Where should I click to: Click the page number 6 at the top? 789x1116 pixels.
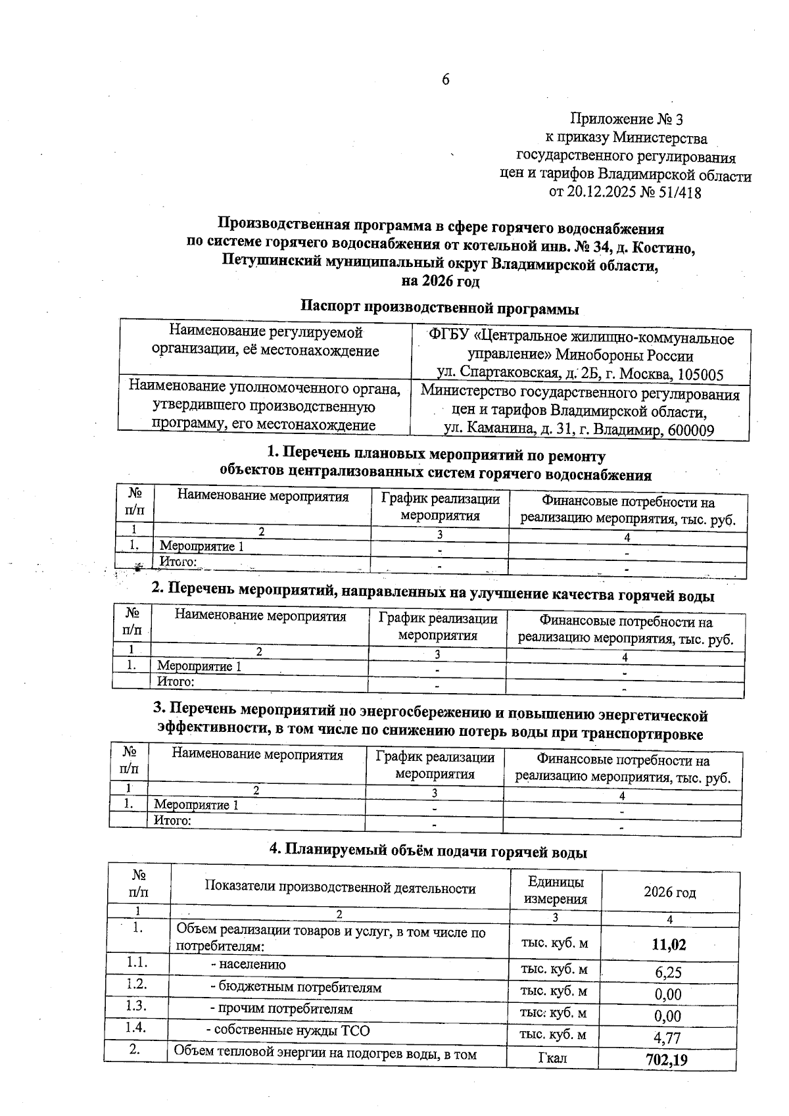(x=445, y=80)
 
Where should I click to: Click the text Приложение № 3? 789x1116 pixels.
(x=627, y=119)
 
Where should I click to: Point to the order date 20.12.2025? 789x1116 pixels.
(x=611, y=193)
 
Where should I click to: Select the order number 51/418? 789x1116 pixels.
(x=677, y=193)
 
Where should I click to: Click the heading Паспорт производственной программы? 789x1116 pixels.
(x=440, y=307)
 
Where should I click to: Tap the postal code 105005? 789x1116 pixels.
(x=697, y=376)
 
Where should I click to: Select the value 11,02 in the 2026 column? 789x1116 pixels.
(x=669, y=945)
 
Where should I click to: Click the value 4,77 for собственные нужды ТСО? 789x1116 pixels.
(x=668, y=1038)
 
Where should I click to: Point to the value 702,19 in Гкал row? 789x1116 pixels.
(x=667, y=1059)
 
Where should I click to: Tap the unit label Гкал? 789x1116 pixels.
(x=553, y=1058)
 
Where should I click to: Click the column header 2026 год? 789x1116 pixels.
(x=669, y=892)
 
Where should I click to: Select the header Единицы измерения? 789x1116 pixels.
(x=555, y=890)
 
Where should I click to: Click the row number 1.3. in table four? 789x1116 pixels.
(x=137, y=1006)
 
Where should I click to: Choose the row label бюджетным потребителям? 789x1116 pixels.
(x=295, y=987)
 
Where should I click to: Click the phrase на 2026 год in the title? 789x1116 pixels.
(x=440, y=282)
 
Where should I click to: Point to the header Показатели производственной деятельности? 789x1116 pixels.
(x=340, y=888)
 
